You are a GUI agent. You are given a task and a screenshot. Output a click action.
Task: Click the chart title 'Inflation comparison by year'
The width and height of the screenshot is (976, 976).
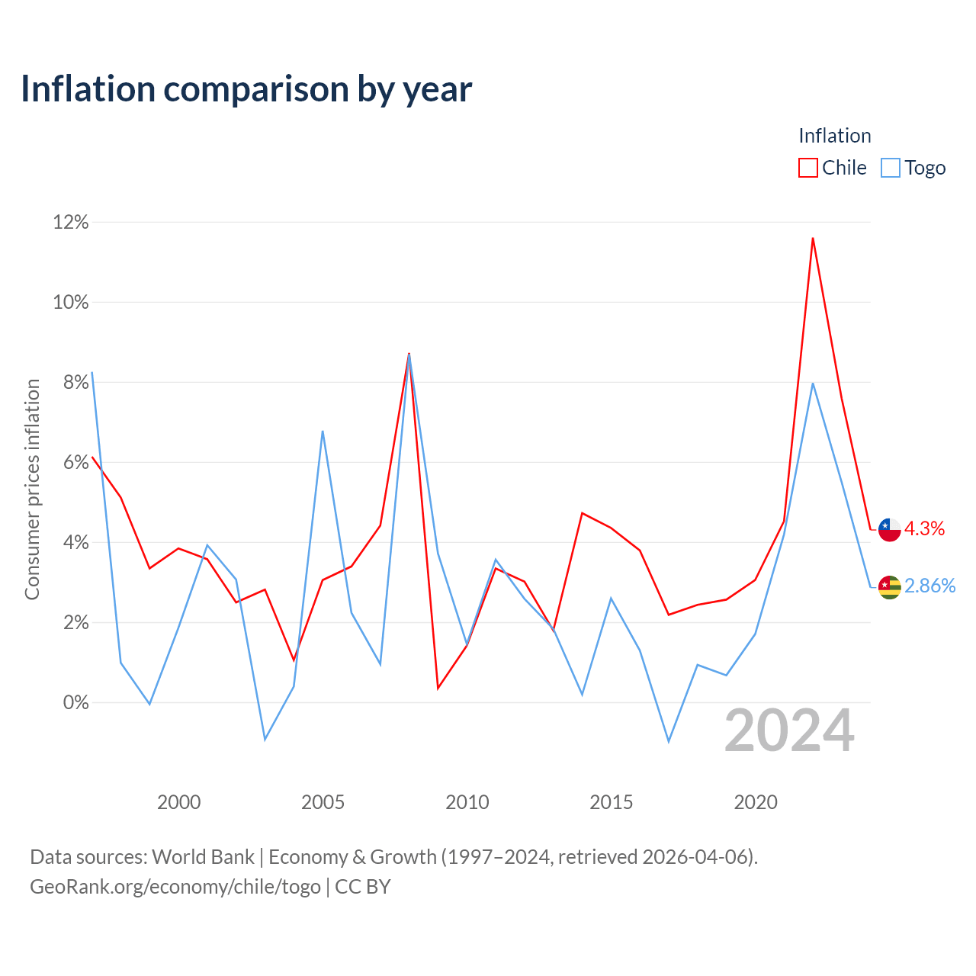click(x=246, y=89)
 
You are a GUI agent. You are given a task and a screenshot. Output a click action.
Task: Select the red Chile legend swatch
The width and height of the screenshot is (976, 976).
click(x=807, y=168)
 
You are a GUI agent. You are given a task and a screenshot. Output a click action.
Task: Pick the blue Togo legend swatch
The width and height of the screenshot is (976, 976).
click(x=891, y=168)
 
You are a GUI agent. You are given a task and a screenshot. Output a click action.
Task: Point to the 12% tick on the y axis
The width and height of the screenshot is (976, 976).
click(x=71, y=222)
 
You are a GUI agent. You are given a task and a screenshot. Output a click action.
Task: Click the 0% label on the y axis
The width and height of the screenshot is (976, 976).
click(x=76, y=702)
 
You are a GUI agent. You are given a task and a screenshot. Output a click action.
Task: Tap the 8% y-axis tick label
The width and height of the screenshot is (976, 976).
click(x=76, y=383)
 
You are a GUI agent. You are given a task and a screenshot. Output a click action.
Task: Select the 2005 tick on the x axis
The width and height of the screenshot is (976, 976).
click(x=323, y=802)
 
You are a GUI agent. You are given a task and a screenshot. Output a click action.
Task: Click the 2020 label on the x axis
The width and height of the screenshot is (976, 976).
click(x=756, y=802)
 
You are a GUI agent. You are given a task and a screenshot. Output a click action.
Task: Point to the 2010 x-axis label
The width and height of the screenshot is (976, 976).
click(x=467, y=802)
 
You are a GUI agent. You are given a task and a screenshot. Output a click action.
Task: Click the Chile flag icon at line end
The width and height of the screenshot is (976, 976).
click(x=889, y=530)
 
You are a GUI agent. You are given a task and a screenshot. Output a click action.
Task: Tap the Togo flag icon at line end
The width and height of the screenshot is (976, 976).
click(x=889, y=588)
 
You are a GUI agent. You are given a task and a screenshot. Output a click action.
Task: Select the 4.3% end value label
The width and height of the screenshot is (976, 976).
click(x=924, y=528)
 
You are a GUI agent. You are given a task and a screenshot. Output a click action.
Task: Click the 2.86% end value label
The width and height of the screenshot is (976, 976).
click(x=930, y=586)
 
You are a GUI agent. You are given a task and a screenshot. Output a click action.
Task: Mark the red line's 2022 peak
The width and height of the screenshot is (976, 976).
click(x=813, y=238)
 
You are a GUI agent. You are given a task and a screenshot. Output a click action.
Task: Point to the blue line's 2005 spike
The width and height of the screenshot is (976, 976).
click(x=323, y=431)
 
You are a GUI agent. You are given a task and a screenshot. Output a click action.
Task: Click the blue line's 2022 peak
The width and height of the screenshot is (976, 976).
click(x=813, y=383)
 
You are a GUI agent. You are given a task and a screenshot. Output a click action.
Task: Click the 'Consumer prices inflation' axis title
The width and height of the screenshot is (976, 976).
click(x=32, y=490)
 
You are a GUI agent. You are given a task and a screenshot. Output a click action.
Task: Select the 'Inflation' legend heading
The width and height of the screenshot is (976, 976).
click(x=835, y=136)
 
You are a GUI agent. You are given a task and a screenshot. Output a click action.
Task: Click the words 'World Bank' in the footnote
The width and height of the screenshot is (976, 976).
click(x=203, y=857)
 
